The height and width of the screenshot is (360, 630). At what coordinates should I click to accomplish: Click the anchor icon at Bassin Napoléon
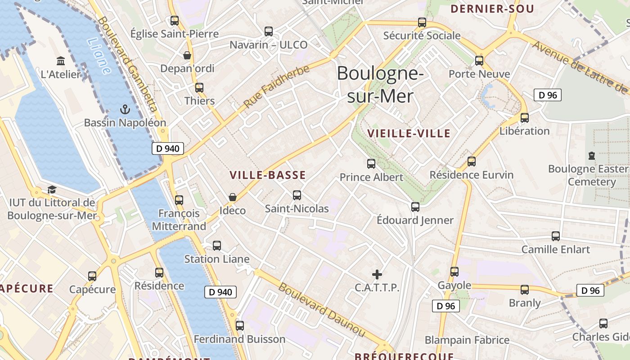pyautogui.click(x=125, y=109)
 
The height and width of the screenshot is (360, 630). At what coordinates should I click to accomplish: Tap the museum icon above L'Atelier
pyautogui.click(x=61, y=61)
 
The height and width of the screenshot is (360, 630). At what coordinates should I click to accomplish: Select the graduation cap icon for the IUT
pyautogui.click(x=52, y=189)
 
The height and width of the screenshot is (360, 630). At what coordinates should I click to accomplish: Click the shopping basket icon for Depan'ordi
pyautogui.click(x=187, y=55)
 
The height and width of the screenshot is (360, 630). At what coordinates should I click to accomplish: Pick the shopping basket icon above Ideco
pyautogui.click(x=233, y=197)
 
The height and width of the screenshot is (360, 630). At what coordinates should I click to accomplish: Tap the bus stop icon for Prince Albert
pyautogui.click(x=371, y=164)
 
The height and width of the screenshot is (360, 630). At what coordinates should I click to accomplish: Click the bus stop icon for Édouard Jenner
pyautogui.click(x=415, y=207)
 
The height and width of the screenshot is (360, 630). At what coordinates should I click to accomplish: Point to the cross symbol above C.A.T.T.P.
pyautogui.click(x=377, y=274)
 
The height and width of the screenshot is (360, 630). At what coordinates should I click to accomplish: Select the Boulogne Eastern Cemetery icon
pyautogui.click(x=592, y=156)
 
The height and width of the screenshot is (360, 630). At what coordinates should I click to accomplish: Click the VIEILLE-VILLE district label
pyautogui.click(x=409, y=133)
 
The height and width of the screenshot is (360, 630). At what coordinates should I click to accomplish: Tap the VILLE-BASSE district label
pyautogui.click(x=268, y=175)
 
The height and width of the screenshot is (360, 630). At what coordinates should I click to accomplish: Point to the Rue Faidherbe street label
pyautogui.click(x=277, y=86)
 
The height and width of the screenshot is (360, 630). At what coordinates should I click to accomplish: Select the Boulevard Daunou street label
pyautogui.click(x=321, y=310)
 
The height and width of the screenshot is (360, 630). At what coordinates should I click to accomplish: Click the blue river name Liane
pyautogui.click(x=99, y=56)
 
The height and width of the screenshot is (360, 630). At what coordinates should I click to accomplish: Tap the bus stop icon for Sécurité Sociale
pyautogui.click(x=422, y=22)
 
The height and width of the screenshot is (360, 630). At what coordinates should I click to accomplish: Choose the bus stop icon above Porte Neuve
pyautogui.click(x=479, y=61)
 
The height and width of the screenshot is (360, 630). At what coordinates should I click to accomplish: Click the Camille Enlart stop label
pyautogui.click(x=555, y=249)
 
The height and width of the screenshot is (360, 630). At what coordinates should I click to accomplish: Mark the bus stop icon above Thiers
pyautogui.click(x=199, y=88)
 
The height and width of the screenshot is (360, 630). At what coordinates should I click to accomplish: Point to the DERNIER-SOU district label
pyautogui.click(x=492, y=9)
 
